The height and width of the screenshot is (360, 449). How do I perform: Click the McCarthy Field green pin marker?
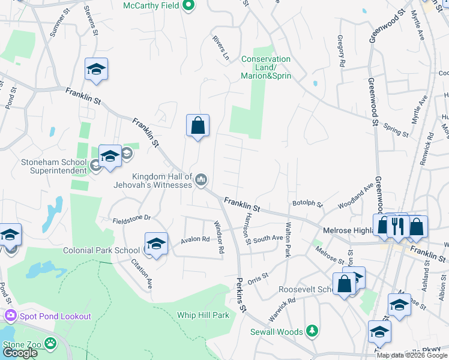click(188, 6)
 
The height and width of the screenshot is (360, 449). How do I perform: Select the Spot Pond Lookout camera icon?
click(10, 316)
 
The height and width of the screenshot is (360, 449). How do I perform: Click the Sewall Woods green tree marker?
click(312, 331)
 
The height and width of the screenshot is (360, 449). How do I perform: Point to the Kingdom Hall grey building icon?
click(202, 179)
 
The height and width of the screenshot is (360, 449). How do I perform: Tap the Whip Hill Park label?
click(203, 315)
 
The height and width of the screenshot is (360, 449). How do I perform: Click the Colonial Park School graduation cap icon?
click(156, 244)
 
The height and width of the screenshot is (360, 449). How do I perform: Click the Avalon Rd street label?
click(196, 239)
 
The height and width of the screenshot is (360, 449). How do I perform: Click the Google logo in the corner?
click(20, 353)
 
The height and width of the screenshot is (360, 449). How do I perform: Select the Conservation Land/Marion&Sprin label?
click(266, 67)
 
